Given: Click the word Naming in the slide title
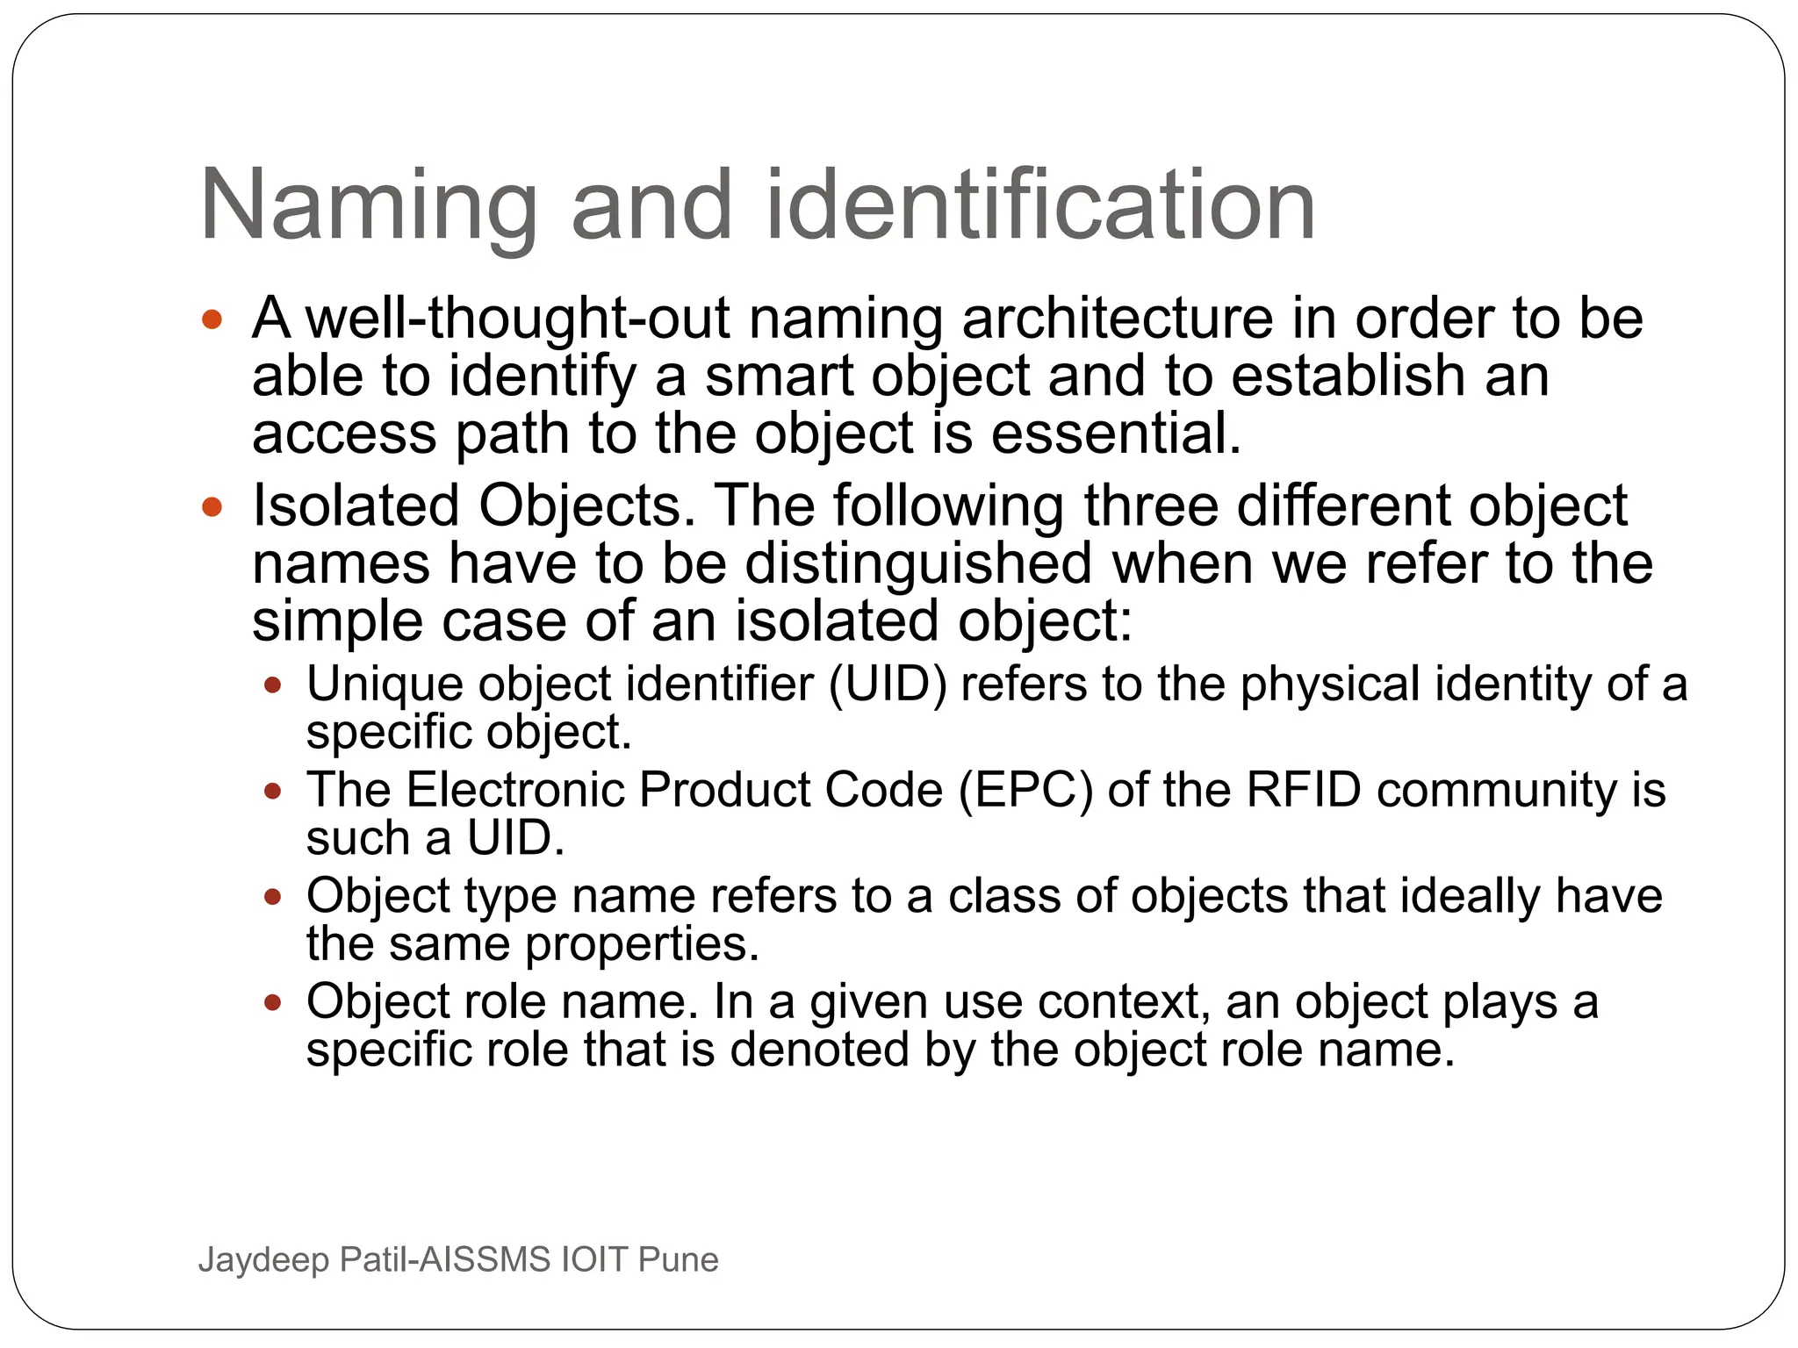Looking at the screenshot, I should click(x=369, y=207).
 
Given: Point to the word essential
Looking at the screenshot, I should click(x=1116, y=434).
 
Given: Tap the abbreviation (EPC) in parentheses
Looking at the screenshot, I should click(x=1025, y=790).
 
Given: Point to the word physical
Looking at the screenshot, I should click(x=1330, y=684).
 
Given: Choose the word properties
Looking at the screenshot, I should click(x=642, y=944).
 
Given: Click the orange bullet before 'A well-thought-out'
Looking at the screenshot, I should click(x=212, y=319).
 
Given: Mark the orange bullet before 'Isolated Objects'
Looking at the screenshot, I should click(x=212, y=506).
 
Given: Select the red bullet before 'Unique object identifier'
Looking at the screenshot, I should click(x=273, y=685).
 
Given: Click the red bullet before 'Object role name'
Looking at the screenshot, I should click(x=273, y=1002).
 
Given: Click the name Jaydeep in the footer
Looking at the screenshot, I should click(x=263, y=1260).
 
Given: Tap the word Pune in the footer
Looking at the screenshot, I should click(x=678, y=1259).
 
